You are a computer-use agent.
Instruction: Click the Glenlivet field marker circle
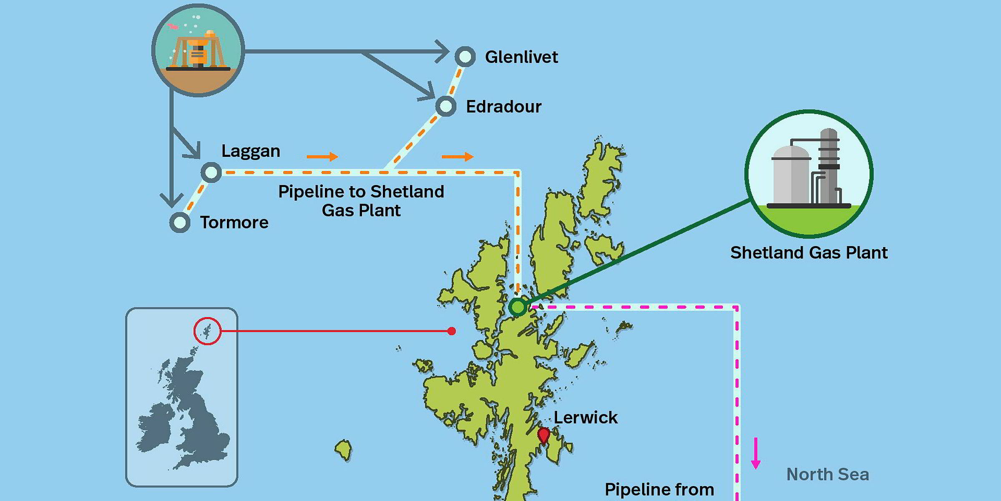tap(465, 57)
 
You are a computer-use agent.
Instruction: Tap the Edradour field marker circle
tap(445, 106)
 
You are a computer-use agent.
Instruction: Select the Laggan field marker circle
tap(211, 172)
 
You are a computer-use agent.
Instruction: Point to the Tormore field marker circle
tap(180, 222)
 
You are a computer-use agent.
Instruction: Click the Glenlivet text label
tap(521, 57)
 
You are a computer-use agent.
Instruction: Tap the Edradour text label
tap(503, 107)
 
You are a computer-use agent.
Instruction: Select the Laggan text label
tap(251, 151)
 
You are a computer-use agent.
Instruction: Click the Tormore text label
tap(234, 222)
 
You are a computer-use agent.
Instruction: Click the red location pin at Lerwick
tap(543, 435)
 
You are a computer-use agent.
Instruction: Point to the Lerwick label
tap(586, 418)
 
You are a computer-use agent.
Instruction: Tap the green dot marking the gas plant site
tap(518, 307)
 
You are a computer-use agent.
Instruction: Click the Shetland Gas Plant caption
tap(809, 253)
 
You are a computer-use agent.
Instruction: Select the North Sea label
tap(827, 474)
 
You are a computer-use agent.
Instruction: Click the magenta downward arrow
tap(755, 453)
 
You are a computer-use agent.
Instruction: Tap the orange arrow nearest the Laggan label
tap(322, 156)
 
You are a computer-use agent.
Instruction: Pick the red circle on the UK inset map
tap(207, 331)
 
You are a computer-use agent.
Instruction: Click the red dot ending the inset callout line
tap(451, 331)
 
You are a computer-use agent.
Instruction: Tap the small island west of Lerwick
tap(344, 450)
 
